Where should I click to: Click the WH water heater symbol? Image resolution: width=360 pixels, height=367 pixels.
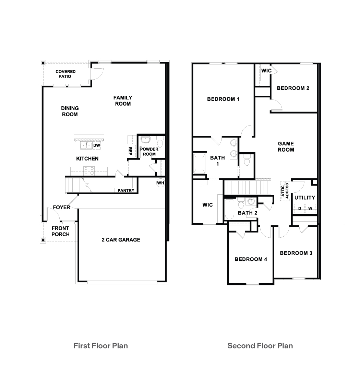click(x=160, y=183)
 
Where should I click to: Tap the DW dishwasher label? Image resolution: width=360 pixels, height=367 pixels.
click(x=97, y=145)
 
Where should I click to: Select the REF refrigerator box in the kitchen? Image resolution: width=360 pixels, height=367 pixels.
click(x=130, y=151)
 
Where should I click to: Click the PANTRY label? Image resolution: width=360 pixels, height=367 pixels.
click(x=126, y=190)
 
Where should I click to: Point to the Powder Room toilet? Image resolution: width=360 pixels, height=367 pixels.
click(x=160, y=143)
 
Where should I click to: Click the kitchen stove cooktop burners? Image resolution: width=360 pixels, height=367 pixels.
click(x=89, y=171)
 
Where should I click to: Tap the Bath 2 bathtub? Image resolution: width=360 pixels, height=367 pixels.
click(x=229, y=209)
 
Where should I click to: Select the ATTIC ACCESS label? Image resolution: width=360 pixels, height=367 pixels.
click(x=285, y=191)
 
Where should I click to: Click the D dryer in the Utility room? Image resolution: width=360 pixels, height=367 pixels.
click(x=299, y=209)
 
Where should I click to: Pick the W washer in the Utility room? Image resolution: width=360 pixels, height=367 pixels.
click(x=310, y=209)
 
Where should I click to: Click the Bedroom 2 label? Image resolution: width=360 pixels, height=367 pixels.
click(x=293, y=88)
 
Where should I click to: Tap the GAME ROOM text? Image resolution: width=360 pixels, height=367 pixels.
click(x=286, y=147)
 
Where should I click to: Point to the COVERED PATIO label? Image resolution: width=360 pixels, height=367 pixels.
click(x=65, y=74)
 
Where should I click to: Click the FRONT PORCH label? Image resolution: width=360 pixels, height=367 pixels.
click(x=60, y=231)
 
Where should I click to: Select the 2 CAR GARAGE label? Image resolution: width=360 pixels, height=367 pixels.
click(x=121, y=240)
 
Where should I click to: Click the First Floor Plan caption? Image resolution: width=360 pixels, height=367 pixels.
click(x=100, y=346)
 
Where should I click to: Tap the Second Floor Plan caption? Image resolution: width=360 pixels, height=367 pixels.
click(x=260, y=346)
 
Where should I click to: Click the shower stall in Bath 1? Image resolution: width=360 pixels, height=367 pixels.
click(x=199, y=163)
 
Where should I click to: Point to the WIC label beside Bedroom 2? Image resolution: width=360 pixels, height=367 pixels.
click(x=266, y=71)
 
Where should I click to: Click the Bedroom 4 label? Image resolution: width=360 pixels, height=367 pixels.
click(x=251, y=259)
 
